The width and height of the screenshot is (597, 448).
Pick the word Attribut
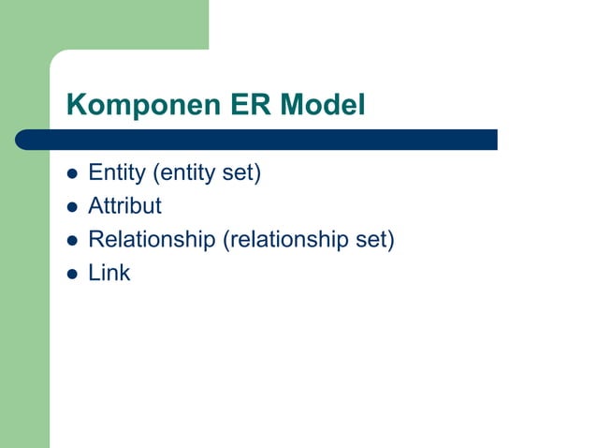[124, 206]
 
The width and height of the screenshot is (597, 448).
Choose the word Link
[109, 274]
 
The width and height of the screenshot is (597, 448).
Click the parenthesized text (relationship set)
[308, 241]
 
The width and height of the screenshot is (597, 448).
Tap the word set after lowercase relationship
[372, 241]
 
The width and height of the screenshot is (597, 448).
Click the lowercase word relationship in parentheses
[285, 241]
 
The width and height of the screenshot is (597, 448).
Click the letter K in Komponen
[76, 106]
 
